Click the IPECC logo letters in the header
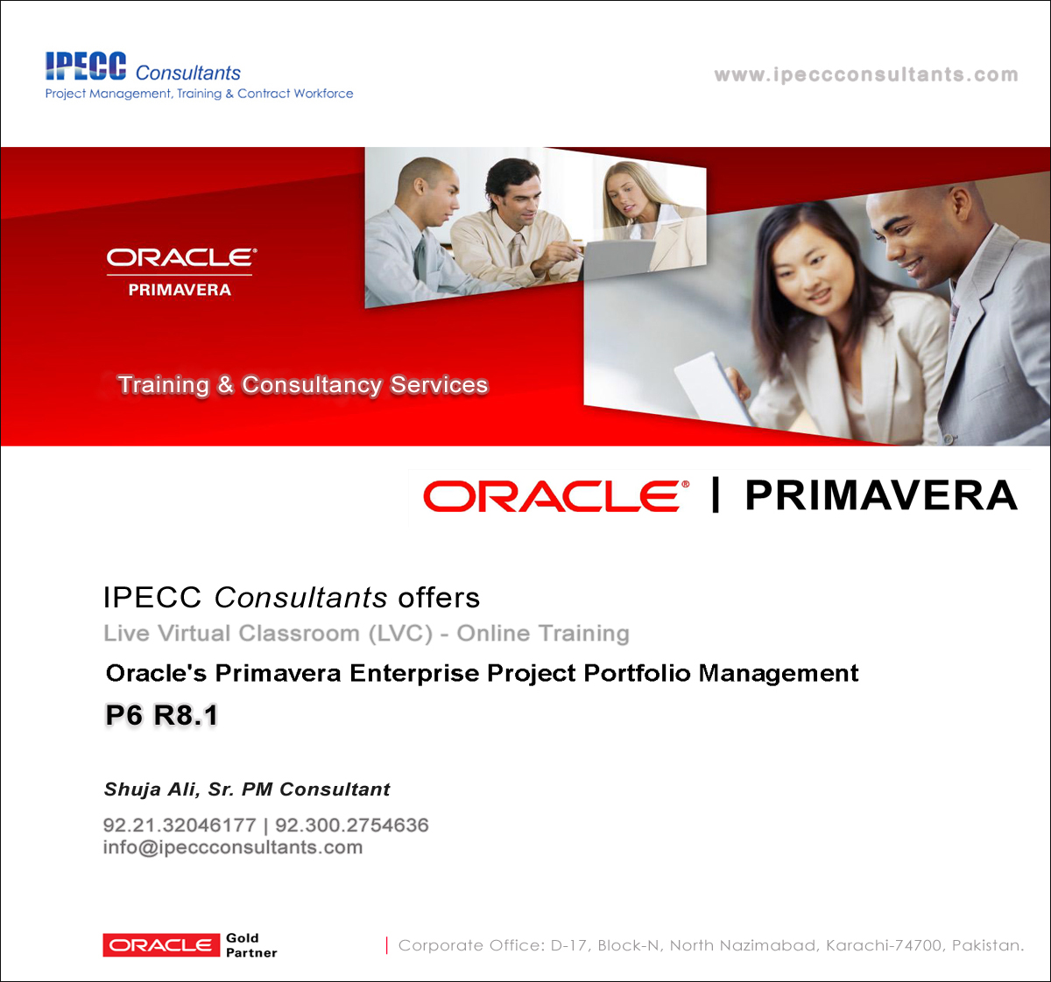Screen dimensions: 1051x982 [x=86, y=67]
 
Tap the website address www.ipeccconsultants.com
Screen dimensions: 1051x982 [x=866, y=74]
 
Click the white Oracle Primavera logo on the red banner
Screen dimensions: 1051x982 [x=181, y=272]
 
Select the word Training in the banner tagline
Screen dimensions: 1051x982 [x=164, y=385]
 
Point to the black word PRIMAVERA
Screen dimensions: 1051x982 [x=881, y=495]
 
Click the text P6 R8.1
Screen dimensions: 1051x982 [x=162, y=715]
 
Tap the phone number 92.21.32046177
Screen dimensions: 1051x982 [x=180, y=824]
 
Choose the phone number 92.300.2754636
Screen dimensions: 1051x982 [x=352, y=824]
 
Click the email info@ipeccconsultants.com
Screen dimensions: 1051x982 [x=233, y=847]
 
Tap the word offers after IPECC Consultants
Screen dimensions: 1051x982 [x=439, y=598]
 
